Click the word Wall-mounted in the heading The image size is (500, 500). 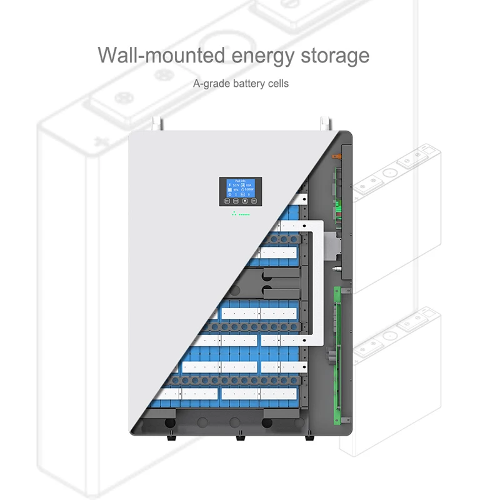pos(161,56)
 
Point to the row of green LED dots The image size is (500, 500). pos(241,214)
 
